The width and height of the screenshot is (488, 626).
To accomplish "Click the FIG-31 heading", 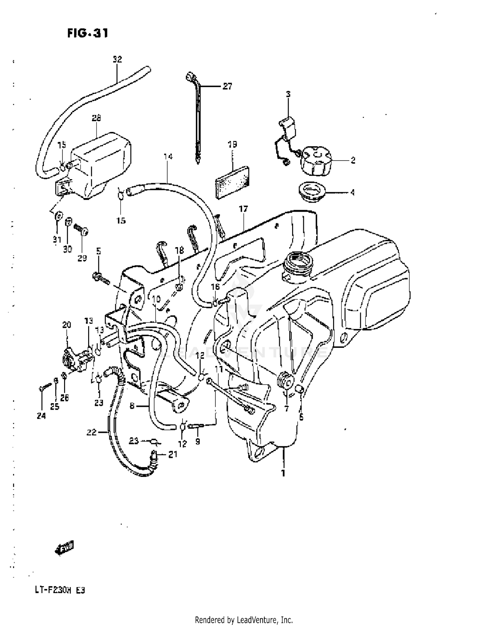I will pyautogui.click(x=88, y=33).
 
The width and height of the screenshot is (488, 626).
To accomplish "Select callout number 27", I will pyautogui.click(x=227, y=86).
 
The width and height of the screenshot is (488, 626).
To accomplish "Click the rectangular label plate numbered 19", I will pyautogui.click(x=232, y=182).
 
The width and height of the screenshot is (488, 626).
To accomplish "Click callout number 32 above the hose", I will pyautogui.click(x=117, y=59).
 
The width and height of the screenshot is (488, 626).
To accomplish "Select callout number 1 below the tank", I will pyautogui.click(x=283, y=473).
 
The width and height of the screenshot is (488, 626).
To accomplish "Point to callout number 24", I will pyautogui.click(x=41, y=416).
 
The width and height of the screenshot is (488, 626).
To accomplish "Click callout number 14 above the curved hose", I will pyautogui.click(x=168, y=157).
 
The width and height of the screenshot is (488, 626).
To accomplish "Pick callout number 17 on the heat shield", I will pyautogui.click(x=243, y=209).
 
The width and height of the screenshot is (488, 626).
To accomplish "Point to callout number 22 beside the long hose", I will pyautogui.click(x=91, y=432).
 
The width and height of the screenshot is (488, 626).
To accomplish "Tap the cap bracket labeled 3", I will pyautogui.click(x=288, y=127).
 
